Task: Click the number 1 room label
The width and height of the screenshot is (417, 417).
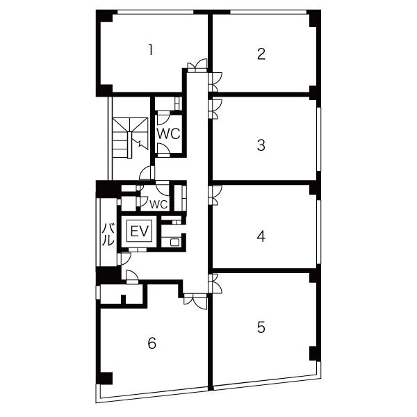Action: coord(151,50)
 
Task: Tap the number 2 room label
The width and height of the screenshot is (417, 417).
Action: coord(261,54)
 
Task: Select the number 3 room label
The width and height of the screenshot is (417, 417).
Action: coord(261,145)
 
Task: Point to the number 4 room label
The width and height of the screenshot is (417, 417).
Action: coord(261,236)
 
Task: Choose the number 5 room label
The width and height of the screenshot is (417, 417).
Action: coord(261,327)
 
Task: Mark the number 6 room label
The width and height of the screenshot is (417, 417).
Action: coord(152,343)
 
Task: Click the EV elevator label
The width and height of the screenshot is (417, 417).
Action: coord(140,231)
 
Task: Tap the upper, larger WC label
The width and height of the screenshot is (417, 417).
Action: coord(169,133)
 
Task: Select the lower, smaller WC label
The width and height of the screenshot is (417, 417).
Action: coord(158,204)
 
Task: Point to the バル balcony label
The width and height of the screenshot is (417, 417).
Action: coord(109,234)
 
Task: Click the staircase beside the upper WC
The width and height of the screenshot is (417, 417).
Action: coord(130,138)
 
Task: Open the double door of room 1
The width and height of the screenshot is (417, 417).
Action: coord(197,65)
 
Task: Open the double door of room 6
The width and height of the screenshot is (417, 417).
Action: coord(195,302)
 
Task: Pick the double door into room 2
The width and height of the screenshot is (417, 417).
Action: coord(215,82)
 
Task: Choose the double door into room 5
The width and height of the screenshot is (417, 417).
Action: coord(215,284)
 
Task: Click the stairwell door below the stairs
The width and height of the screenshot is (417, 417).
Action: coord(147,172)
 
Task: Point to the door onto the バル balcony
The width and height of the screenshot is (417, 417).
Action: coord(124,259)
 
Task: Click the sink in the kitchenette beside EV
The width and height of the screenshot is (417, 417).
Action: coord(174,242)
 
